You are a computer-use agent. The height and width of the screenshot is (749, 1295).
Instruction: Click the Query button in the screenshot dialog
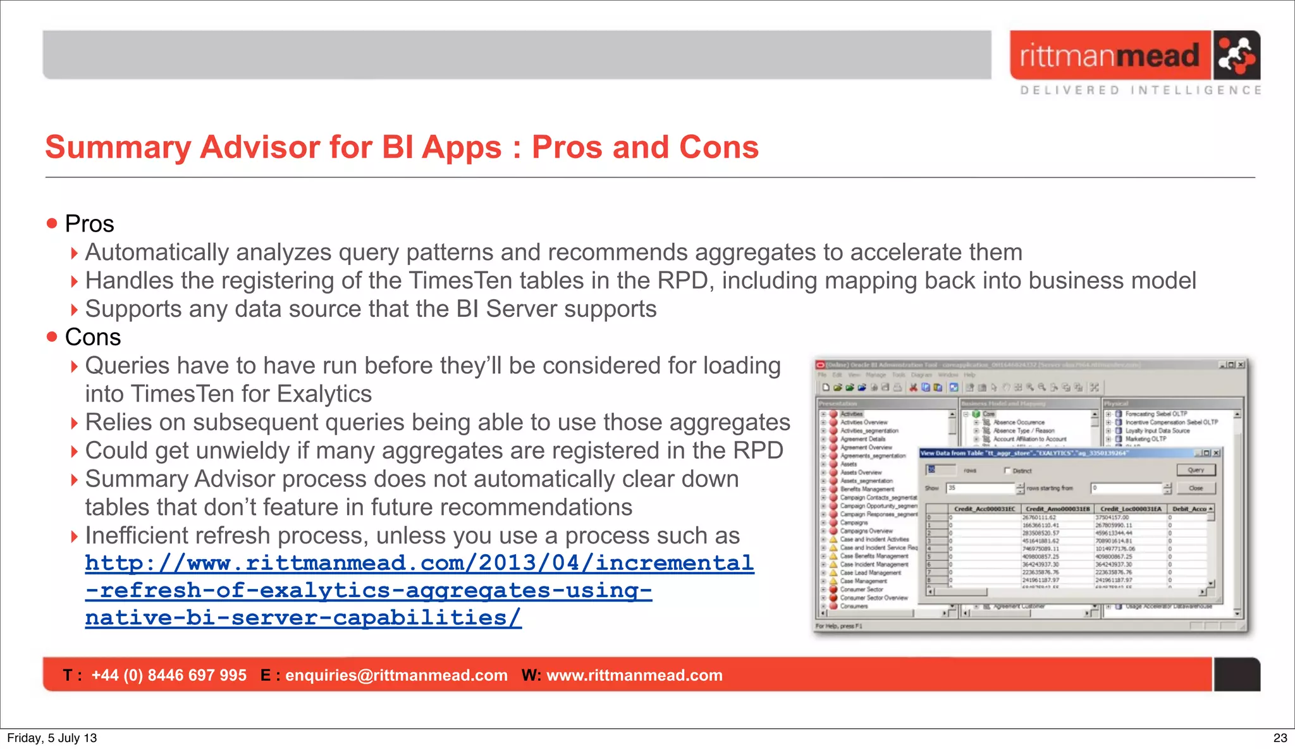(1195, 470)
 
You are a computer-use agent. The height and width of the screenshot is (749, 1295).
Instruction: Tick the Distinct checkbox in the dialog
(1008, 471)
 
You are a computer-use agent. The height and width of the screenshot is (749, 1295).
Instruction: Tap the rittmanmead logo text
(1109, 56)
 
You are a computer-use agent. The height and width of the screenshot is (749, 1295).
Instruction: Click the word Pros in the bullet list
(89, 224)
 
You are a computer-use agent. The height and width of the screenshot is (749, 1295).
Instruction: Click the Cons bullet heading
(92, 337)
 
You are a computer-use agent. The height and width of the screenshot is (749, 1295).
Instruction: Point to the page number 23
(1280, 738)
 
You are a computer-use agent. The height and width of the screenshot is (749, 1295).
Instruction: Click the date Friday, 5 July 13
(52, 738)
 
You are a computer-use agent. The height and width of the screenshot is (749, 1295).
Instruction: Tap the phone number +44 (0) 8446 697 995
(169, 675)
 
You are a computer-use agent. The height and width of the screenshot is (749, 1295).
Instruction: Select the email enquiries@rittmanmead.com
(396, 675)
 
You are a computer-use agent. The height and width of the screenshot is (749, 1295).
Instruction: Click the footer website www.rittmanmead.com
(634, 675)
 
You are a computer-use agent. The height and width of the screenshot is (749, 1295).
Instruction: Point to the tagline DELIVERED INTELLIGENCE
(1141, 90)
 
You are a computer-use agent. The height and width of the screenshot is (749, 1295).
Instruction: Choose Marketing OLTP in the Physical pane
(1146, 438)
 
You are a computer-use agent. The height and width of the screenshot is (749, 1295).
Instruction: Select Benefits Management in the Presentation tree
(867, 489)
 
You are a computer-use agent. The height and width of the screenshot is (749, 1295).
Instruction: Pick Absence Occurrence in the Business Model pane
(1019, 422)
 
